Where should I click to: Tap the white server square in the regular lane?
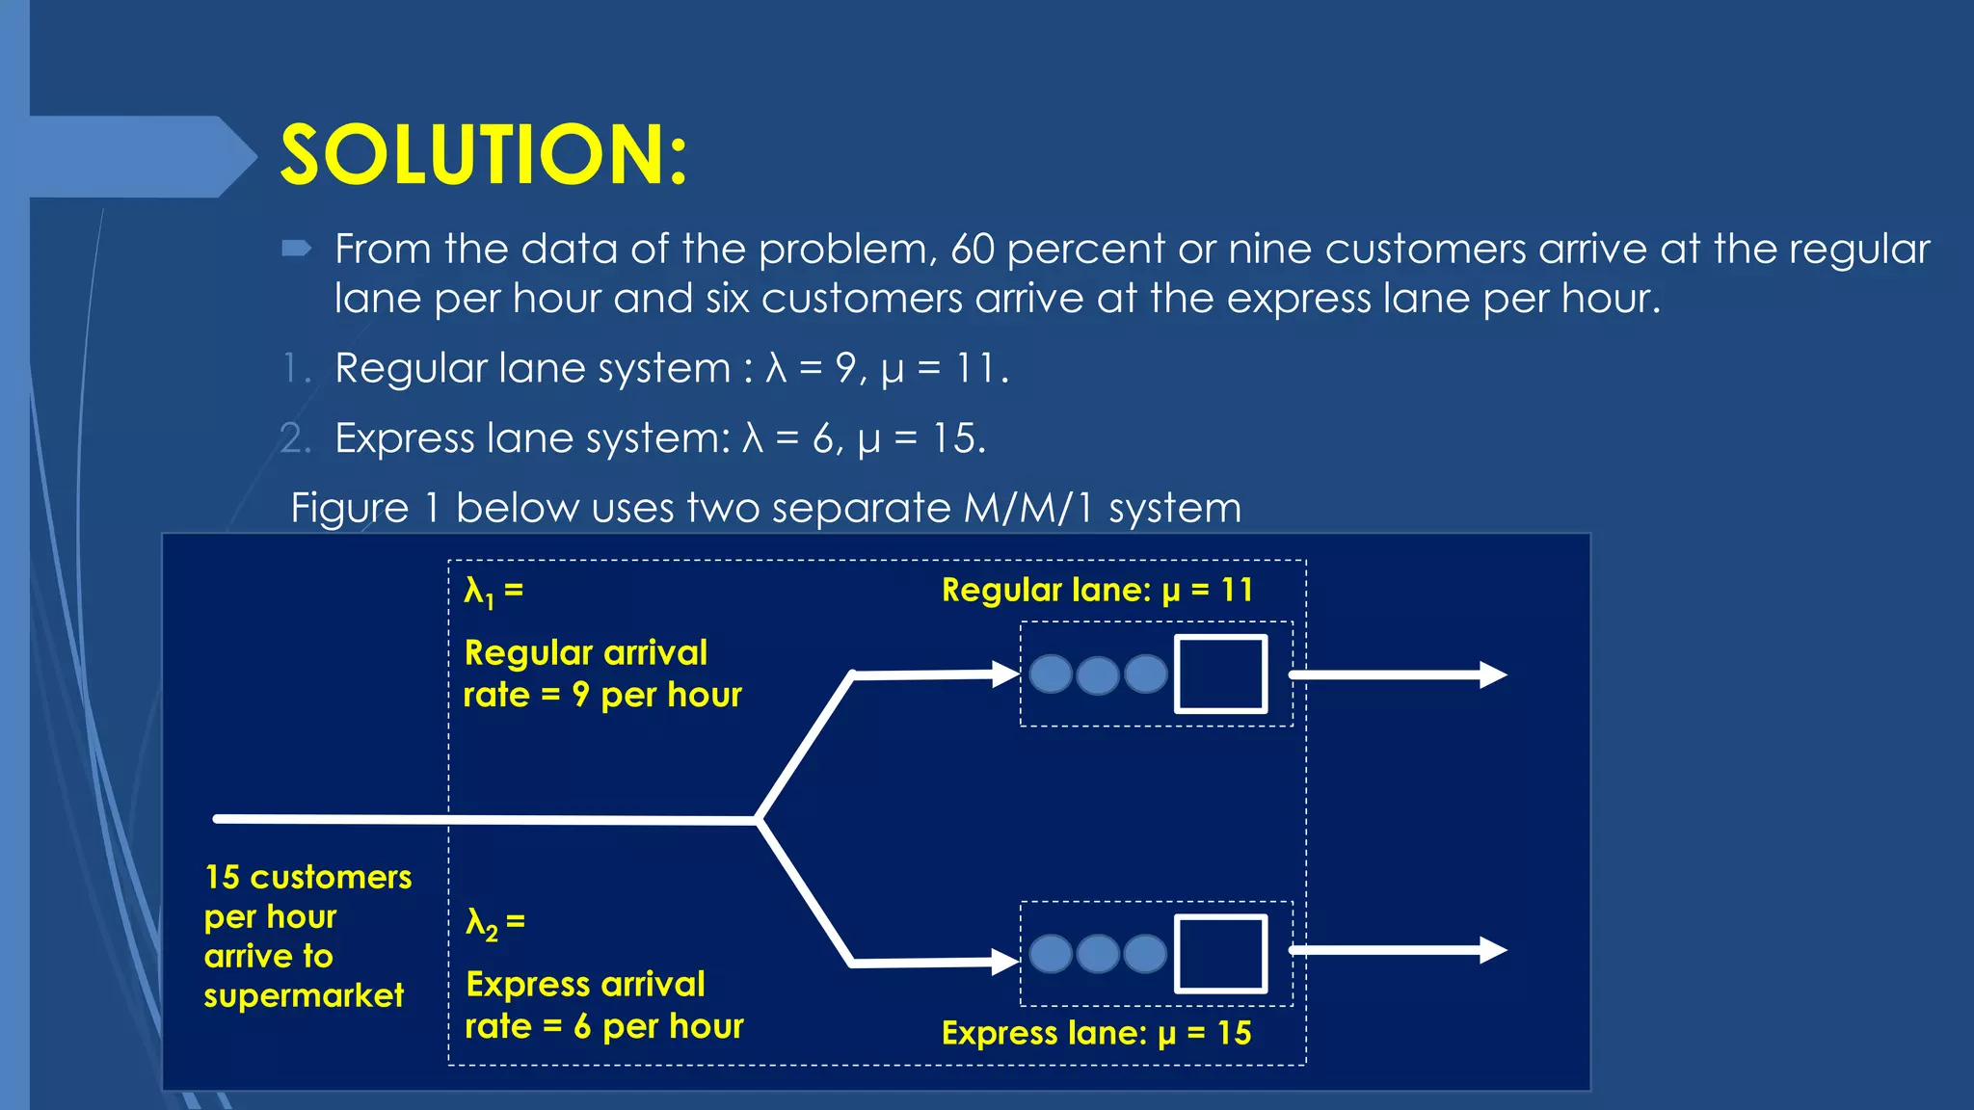tap(1220, 674)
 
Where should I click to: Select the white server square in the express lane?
tap(1220, 953)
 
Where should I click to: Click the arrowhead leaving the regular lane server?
tap(1493, 674)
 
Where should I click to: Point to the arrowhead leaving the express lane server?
tap(1493, 950)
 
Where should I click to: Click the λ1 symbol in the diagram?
tap(479, 591)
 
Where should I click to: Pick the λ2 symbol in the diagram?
tap(481, 923)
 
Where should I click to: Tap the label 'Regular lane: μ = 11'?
tap(1097, 590)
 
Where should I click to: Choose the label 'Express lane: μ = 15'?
tap(1096, 1033)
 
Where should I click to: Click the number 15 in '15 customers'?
tap(222, 877)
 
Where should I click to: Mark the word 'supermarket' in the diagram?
tap(304, 995)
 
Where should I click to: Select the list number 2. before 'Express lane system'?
tap(295, 439)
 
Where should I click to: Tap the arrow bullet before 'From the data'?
tap(296, 250)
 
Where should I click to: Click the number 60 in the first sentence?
tap(972, 250)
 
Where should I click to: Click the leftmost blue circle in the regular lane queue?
tap(1051, 674)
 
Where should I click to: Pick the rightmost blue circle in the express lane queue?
tap(1145, 954)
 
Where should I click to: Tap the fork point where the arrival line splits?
tap(758, 820)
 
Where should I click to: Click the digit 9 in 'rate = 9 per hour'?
tap(580, 695)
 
